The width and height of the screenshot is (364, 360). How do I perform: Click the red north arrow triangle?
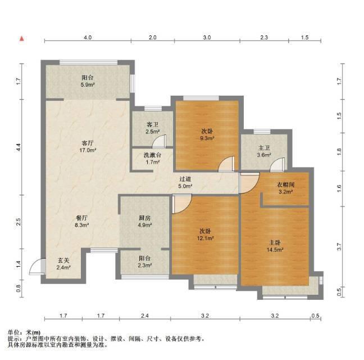point(22,39)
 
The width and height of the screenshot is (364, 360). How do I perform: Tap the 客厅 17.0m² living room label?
point(88,147)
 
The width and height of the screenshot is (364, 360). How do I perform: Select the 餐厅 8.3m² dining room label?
point(82,222)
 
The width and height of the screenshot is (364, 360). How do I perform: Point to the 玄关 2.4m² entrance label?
point(63,264)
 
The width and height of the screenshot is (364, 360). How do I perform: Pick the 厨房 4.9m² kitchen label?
point(145,222)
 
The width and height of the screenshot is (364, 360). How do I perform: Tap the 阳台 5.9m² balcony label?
point(88,81)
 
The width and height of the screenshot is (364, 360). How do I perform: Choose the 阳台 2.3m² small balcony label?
point(145,262)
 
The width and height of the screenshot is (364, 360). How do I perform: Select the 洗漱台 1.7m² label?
point(152,159)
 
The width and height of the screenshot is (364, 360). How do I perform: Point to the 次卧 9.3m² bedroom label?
point(207,135)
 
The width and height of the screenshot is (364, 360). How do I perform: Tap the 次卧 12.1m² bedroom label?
point(205,235)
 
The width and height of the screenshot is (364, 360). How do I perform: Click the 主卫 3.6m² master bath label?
point(264,151)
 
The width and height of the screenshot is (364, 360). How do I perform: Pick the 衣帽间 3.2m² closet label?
point(285,188)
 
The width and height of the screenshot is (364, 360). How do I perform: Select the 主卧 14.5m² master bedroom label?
point(275,246)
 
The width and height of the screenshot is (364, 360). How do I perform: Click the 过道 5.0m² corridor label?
point(185,182)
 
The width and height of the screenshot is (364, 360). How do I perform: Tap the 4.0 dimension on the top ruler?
point(88,38)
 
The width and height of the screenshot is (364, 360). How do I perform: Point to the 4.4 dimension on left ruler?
point(19,147)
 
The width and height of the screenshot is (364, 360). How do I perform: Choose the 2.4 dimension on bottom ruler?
point(144,316)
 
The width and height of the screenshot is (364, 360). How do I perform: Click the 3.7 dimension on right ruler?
point(339,246)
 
